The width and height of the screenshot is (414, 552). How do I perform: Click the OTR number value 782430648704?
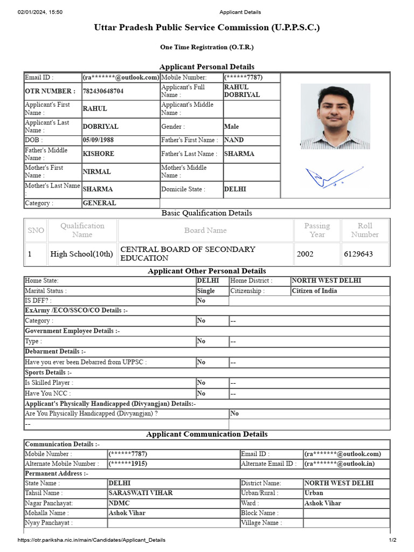103,91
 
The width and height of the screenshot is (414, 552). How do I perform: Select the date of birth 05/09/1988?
98,140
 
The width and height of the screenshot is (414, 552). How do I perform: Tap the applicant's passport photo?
335,116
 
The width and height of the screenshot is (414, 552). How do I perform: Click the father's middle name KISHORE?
98,154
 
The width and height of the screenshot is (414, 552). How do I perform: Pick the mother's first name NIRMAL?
96,172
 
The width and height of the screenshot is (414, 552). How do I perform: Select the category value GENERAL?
99,203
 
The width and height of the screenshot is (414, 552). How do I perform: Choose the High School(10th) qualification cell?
81,254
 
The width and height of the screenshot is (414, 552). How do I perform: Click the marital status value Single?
205,291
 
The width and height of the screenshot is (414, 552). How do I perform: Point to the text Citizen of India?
314,291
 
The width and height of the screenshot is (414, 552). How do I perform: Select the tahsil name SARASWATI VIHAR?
140,493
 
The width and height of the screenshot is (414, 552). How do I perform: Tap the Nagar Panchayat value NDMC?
119,503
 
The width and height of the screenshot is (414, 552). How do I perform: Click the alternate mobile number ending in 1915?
128,464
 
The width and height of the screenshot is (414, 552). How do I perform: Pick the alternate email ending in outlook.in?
339,464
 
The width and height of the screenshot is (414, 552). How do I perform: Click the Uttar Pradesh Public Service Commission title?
207,27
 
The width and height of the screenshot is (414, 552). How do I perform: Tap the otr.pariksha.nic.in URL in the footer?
92,540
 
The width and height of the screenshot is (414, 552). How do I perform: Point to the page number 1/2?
392,540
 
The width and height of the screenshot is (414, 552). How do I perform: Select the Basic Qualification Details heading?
207,213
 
